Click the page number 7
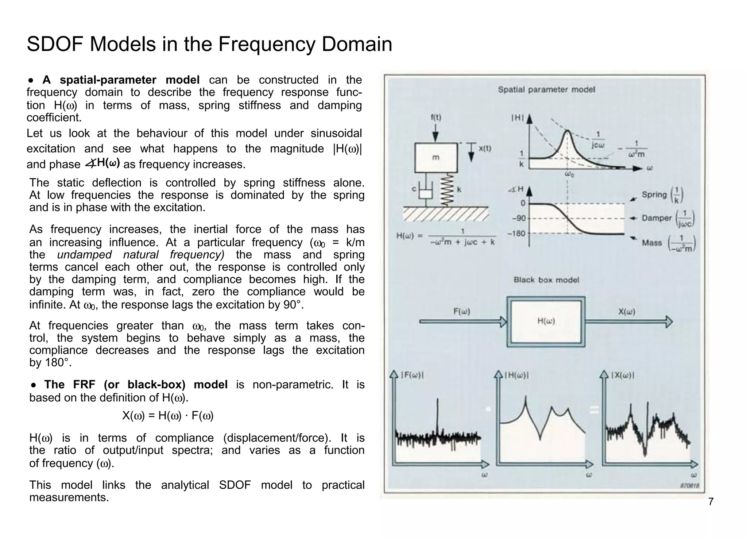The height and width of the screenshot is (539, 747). pyautogui.click(x=711, y=502)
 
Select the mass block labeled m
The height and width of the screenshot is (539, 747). pyautogui.click(x=436, y=158)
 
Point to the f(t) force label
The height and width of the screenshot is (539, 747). pyautogui.click(x=436, y=118)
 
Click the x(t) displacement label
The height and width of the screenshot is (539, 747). pyautogui.click(x=484, y=149)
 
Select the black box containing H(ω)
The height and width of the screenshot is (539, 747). pyautogui.click(x=546, y=322)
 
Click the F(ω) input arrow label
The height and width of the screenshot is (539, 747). pyautogui.click(x=462, y=312)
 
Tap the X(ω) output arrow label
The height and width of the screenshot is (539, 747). pyautogui.click(x=627, y=312)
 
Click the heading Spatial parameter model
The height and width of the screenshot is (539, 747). pyautogui.click(x=546, y=89)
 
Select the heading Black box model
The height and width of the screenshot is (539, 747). pyautogui.click(x=546, y=280)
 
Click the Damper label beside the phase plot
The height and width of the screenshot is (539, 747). pyautogui.click(x=657, y=218)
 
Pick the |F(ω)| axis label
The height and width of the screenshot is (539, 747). pyautogui.click(x=412, y=375)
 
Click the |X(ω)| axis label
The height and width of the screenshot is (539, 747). pyautogui.click(x=622, y=375)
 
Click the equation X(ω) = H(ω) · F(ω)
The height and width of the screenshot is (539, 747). pyautogui.click(x=168, y=416)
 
